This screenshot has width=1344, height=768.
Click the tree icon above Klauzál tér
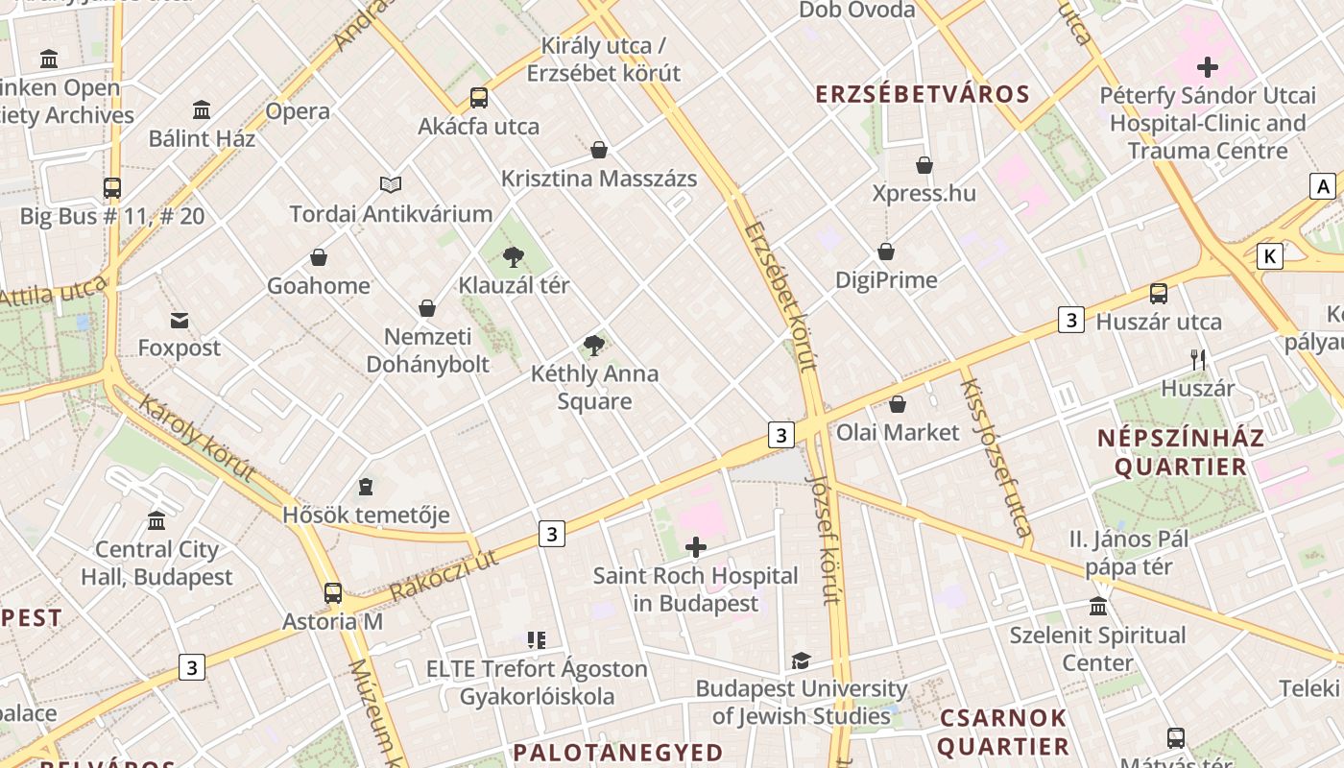tap(514, 256)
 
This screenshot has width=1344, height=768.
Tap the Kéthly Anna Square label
tap(594, 387)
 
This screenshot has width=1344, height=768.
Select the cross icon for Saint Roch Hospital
tap(696, 548)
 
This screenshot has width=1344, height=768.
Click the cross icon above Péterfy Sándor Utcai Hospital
tap(1208, 67)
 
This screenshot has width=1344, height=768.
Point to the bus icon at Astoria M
tap(333, 593)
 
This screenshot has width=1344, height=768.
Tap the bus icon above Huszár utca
tap(1159, 294)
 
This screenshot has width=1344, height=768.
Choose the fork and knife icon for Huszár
tap(1198, 360)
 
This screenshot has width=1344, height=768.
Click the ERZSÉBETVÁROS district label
tap(923, 94)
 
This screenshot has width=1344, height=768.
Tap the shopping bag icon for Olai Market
tap(898, 404)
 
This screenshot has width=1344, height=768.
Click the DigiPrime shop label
tap(886, 280)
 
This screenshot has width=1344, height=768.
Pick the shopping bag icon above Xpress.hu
tap(924, 165)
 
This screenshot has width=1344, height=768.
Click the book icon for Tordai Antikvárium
tap(390, 184)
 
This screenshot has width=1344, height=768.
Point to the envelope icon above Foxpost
tap(180, 320)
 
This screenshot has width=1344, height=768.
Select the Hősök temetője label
tap(366, 515)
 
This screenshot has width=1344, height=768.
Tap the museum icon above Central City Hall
tap(156, 521)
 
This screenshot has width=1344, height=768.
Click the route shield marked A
tap(1324, 186)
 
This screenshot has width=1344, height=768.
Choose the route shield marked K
tap(1270, 256)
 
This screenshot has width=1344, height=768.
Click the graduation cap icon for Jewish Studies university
tap(801, 660)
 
